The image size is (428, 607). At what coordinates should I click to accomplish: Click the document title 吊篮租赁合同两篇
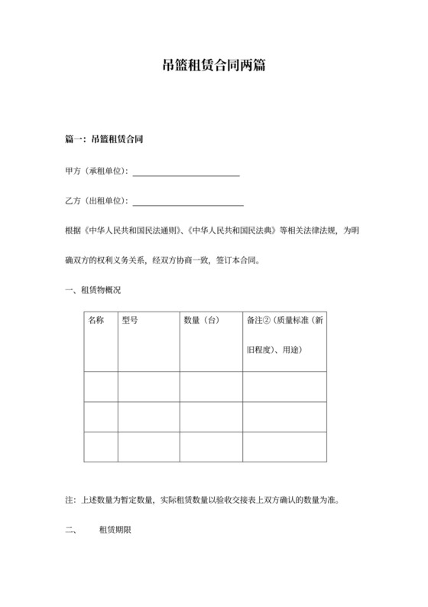point(214,67)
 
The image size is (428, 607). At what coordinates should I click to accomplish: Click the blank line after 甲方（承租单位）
point(186,171)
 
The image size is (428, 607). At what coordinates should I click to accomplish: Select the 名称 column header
point(96,320)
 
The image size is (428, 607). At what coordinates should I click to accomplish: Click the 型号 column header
point(130,320)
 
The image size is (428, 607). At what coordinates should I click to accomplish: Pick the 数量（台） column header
point(202,320)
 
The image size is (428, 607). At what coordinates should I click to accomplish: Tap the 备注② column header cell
point(285,320)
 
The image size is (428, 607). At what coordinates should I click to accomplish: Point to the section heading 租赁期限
point(115,529)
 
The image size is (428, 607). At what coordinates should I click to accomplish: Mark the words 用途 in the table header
point(293,350)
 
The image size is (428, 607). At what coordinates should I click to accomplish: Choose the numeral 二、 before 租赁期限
point(73,529)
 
